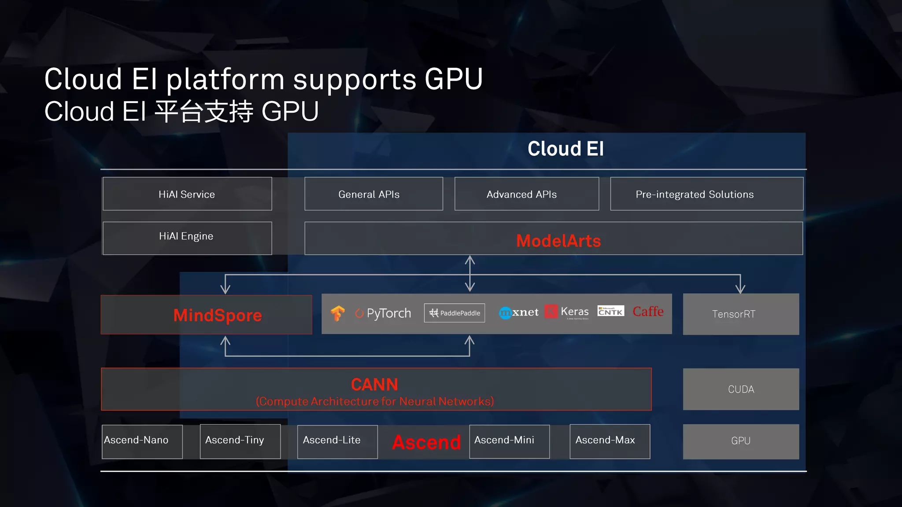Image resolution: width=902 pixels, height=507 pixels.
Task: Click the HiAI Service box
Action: coord(187,194)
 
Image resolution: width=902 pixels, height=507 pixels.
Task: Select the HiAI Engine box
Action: coord(187,238)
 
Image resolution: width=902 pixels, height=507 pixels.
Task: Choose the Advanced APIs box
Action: coord(526,194)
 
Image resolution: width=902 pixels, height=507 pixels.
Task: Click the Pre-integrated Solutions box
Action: coord(706,194)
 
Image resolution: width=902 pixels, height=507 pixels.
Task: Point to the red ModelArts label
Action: coord(558,241)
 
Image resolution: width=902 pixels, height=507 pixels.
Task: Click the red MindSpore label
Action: coord(218,315)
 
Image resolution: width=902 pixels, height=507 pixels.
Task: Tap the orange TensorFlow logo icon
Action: coord(338,313)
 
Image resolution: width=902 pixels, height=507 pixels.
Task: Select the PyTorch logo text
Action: coord(383,313)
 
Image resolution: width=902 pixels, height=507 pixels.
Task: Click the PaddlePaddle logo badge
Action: coord(455,313)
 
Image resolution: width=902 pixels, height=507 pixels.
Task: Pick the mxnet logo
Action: coord(518,312)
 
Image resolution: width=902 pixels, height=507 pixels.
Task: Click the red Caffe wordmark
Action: coord(648,311)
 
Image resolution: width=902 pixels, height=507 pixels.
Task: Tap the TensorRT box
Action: coord(741,314)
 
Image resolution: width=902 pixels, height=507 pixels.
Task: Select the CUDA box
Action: coord(741,389)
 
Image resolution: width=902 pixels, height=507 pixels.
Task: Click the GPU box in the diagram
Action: coord(741,441)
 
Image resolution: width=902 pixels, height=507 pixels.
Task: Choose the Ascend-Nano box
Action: coord(142,441)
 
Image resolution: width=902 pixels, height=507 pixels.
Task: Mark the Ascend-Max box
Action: coord(610,441)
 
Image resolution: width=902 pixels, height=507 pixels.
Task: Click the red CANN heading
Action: coord(374,385)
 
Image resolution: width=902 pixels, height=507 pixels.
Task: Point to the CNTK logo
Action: coord(610,311)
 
